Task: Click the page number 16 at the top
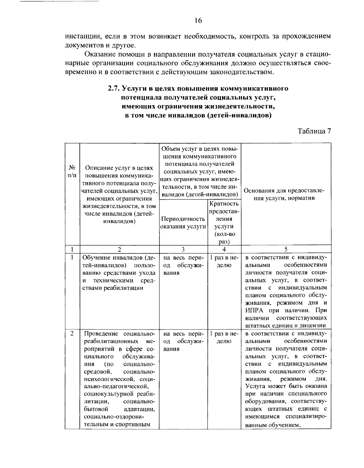coord(198,21)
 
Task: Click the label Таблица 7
coord(314,131)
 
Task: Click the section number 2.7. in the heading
coord(114,89)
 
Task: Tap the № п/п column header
coord(72,171)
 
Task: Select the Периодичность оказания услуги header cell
coord(183,223)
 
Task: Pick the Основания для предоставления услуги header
coord(284,194)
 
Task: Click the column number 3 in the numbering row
coord(183,250)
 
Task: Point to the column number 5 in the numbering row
coord(286,250)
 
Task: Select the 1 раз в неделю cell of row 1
coord(224,261)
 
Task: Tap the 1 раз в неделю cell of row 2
coord(224,337)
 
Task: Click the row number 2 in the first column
coord(72,334)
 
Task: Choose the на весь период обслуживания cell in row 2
coord(183,341)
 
